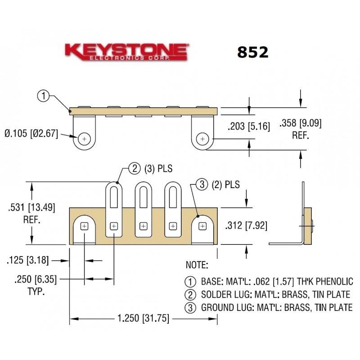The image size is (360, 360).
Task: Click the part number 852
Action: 252,52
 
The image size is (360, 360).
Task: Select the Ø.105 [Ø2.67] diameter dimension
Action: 31,134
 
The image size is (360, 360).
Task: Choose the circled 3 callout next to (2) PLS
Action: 202,184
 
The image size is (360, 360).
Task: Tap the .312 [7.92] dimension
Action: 246,225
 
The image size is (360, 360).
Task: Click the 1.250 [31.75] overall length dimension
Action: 143,319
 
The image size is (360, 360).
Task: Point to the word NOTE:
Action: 197,265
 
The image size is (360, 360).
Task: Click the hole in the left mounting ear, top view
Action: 84,139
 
